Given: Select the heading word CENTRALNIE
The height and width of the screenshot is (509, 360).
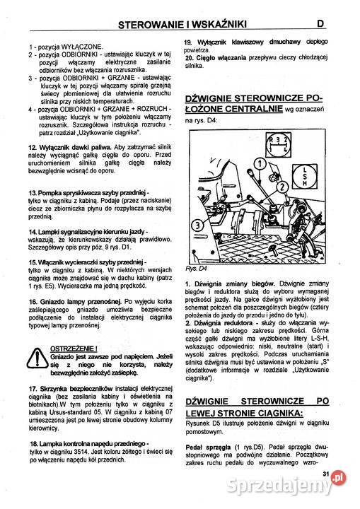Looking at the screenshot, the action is (x=249, y=110).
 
